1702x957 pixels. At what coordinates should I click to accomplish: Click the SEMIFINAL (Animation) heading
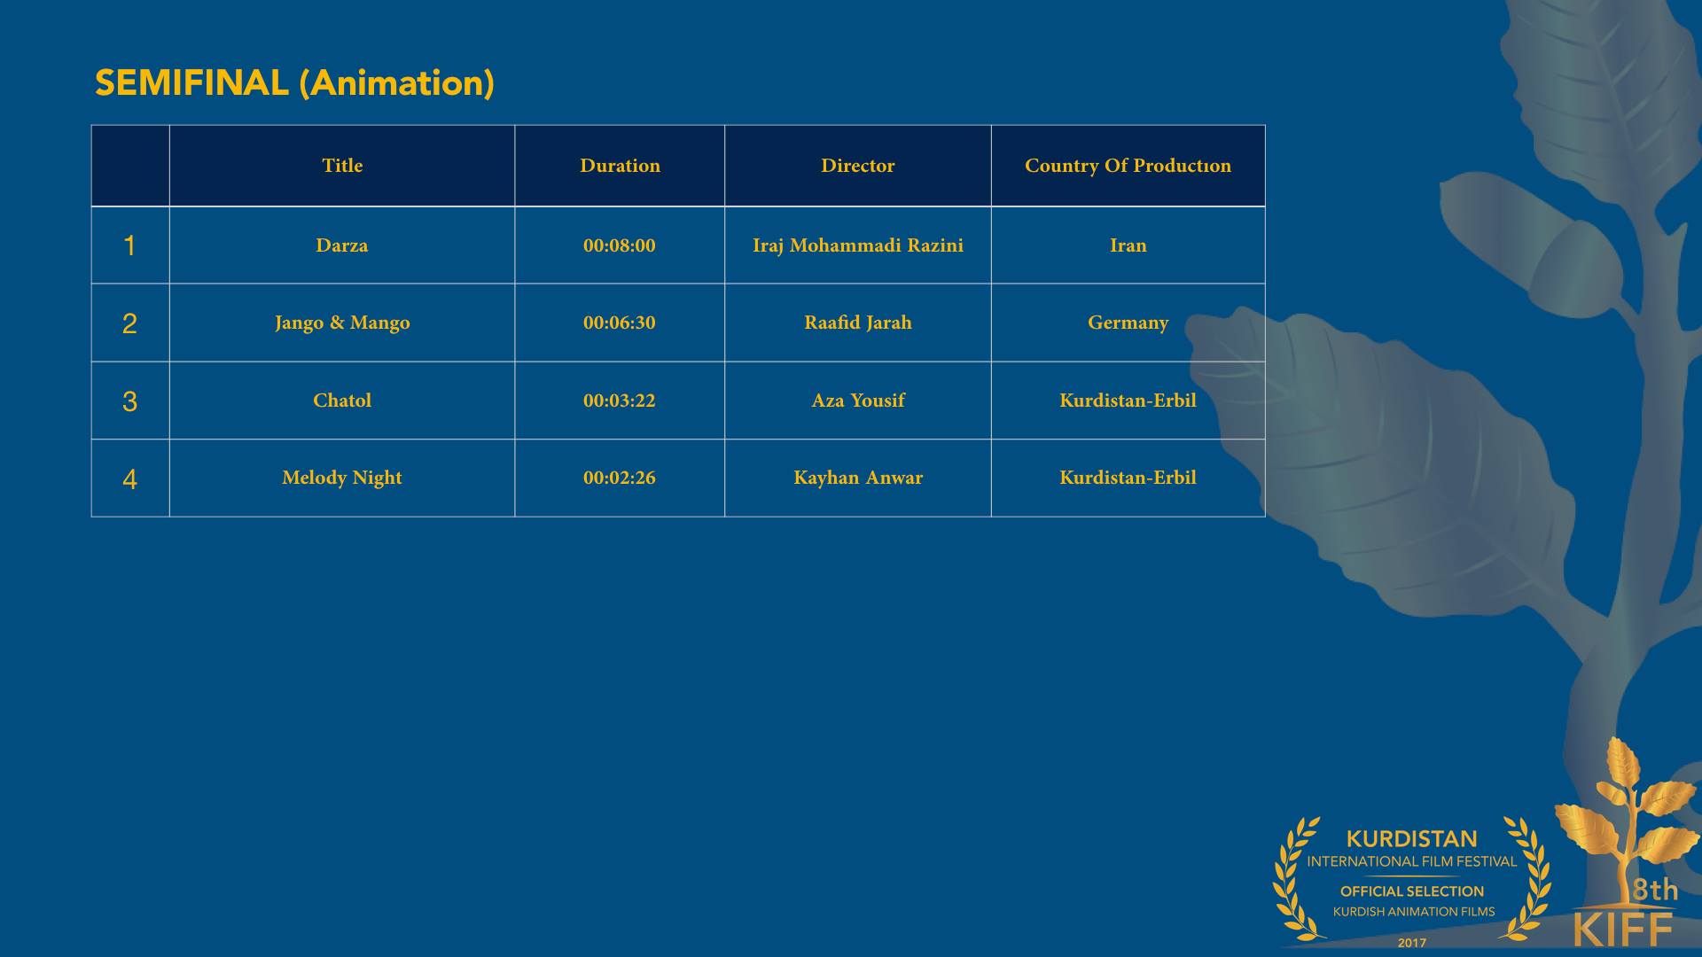pos(294,83)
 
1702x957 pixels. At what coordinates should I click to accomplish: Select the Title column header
pos(342,166)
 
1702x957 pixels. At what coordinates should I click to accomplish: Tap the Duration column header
pos(620,166)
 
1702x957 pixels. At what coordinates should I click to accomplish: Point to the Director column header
pos(858,166)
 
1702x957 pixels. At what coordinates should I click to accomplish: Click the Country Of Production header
pos(1128,166)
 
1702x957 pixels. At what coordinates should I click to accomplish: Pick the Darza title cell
pos(342,245)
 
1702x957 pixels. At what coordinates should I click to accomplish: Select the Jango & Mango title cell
pos(342,323)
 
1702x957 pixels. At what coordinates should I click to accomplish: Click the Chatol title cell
pos(342,401)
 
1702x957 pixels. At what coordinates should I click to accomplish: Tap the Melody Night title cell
pos(342,478)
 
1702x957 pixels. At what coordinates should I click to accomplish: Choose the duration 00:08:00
pos(620,245)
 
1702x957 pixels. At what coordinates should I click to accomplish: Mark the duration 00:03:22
pos(620,401)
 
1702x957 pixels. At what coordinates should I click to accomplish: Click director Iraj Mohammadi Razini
pos(858,245)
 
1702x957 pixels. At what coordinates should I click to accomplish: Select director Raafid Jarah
pos(858,323)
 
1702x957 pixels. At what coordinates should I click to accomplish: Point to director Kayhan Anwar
pos(858,478)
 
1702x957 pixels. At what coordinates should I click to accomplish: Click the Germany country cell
pos(1128,323)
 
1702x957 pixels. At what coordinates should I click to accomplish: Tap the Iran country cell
pos(1128,245)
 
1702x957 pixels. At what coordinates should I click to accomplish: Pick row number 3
pos(129,401)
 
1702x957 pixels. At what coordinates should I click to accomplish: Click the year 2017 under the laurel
pos(1412,943)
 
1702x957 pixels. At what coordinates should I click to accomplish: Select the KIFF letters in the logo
pos(1623,929)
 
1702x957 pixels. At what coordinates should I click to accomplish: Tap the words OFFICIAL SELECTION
pos(1412,891)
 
